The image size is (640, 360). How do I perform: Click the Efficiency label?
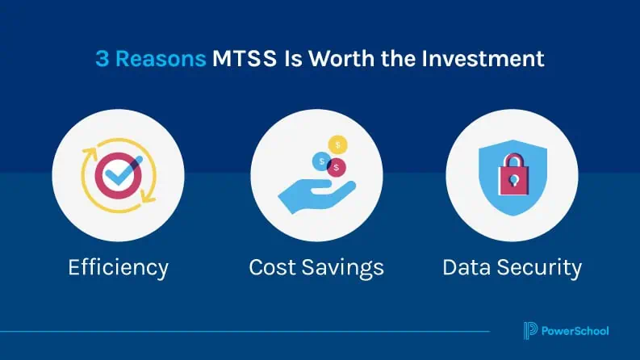pos(118,267)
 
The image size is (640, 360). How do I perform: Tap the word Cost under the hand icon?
pos(273,267)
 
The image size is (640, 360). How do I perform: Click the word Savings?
pos(343,267)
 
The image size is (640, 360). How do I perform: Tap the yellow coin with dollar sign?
pos(338,144)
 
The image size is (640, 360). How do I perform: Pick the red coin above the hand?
pos(337,167)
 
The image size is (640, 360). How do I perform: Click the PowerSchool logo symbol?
pos(529,330)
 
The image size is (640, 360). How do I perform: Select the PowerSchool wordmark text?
pos(575,330)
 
